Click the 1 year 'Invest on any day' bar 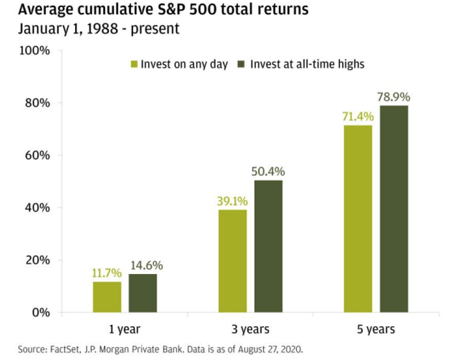107,297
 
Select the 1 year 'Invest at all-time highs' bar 143,293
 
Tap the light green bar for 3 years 232,261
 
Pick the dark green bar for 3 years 269,247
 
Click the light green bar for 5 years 358,219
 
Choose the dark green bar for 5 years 395,209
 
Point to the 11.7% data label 106,273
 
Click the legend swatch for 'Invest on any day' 134,64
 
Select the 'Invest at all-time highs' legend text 307,64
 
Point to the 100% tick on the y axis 37,50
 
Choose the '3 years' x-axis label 250,329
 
